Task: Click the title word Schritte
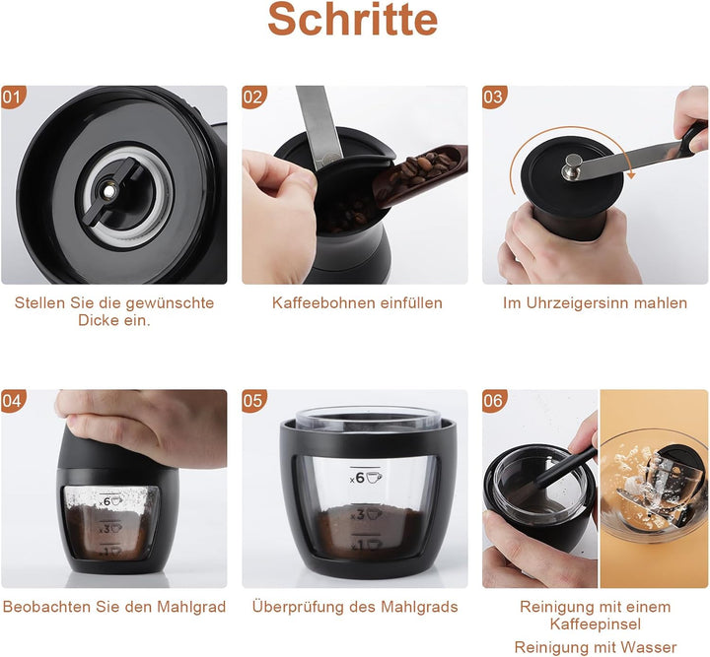353,19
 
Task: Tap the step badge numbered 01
13,98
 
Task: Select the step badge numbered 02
253,98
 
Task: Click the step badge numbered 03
494,98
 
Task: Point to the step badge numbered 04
13,401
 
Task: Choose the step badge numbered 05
253,401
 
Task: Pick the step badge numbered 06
494,401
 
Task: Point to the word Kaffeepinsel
596,624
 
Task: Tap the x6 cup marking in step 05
366,478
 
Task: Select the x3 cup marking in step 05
366,514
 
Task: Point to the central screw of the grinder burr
108,192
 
